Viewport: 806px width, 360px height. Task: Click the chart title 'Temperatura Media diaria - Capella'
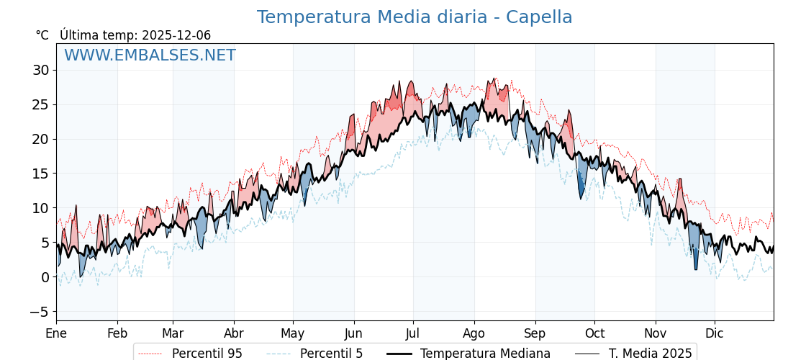(415, 17)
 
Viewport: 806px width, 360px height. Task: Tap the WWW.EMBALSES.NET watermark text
(150, 55)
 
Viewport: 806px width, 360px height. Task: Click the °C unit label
(42, 35)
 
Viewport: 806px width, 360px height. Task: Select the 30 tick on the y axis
(40, 71)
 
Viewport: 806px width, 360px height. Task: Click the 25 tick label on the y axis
(40, 105)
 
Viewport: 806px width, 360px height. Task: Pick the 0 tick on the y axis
(45, 278)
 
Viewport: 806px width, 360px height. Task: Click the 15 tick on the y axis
(40, 174)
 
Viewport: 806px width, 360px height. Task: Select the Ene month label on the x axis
(56, 334)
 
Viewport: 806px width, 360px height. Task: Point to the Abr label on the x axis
(234, 334)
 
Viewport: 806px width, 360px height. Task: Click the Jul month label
(413, 334)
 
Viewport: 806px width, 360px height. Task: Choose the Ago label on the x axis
(474, 334)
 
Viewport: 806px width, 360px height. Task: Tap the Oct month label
(594, 334)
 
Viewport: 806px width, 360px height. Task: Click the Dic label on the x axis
(715, 334)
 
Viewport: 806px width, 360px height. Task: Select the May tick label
(293, 334)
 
